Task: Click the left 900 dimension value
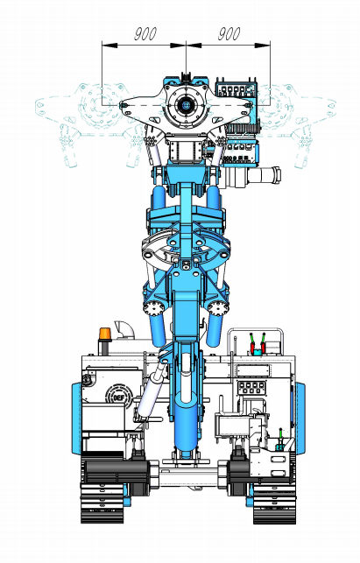(145, 34)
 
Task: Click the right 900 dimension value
(229, 34)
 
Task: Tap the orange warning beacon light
(105, 334)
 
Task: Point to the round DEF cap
(118, 397)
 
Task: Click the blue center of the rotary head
(186, 105)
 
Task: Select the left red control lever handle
(253, 347)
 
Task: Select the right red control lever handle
(263, 347)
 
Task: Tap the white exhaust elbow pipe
(124, 329)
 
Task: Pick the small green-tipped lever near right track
(280, 438)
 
